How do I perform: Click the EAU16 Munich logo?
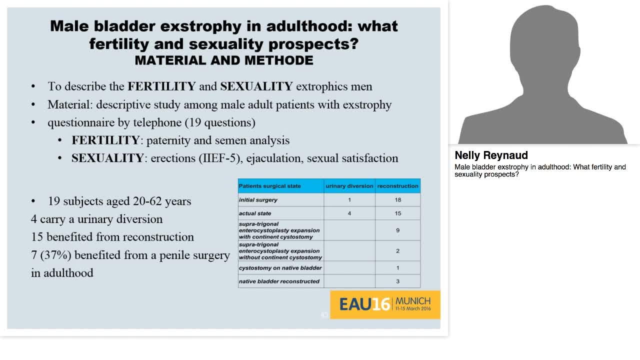tap(384, 304)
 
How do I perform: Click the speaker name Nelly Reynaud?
tap(491, 155)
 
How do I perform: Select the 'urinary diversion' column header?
tap(349, 186)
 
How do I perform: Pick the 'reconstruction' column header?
tap(397, 186)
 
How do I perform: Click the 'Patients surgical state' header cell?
tap(270, 186)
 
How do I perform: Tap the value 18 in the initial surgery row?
tap(397, 200)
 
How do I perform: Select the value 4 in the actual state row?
tap(349, 213)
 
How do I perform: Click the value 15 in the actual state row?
tap(397, 213)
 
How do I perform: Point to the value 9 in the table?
tap(397, 230)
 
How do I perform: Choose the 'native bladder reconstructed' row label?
tap(279, 281)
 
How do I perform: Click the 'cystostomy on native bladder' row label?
tap(280, 268)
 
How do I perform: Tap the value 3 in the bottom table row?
tap(397, 281)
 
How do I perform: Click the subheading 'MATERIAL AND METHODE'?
tap(224, 60)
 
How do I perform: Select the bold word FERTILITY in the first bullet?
tap(161, 86)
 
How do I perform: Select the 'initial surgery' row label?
tap(258, 200)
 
